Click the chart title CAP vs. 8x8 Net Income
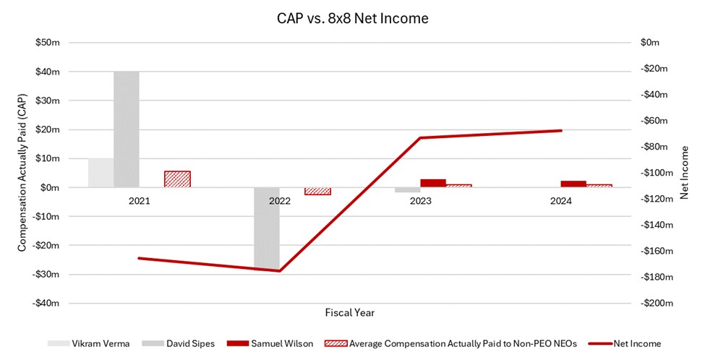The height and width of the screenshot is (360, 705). pos(351,19)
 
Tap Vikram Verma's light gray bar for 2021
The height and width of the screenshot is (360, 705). pos(101,172)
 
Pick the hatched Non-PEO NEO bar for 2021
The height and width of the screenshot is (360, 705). pos(177,179)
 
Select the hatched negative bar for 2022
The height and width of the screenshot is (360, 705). pos(317,191)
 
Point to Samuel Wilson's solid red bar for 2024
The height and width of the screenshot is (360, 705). pos(573,184)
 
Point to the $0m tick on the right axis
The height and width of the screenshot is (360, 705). pos(651,43)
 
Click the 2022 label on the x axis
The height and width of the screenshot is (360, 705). pos(280,201)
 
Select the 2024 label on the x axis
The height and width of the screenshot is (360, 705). pos(560,201)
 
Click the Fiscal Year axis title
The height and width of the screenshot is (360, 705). pos(349,313)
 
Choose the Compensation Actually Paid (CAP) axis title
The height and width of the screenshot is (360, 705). pos(22,173)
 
